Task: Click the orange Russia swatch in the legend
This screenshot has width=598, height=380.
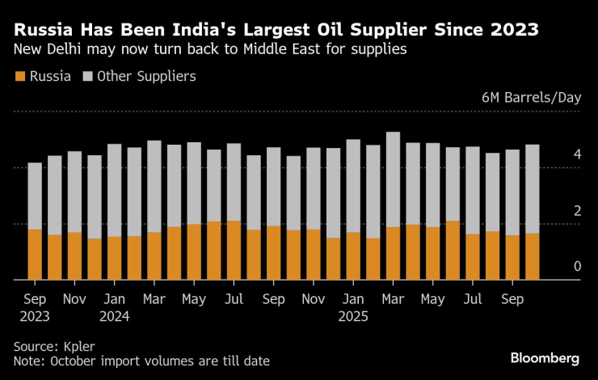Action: (20, 77)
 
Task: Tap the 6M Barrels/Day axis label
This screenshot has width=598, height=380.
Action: (531, 98)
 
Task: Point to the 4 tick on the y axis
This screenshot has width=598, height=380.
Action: (577, 154)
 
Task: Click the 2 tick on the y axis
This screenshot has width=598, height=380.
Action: (577, 211)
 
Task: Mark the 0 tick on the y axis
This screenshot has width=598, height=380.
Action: (577, 267)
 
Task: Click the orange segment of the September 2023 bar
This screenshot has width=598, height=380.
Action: (35, 255)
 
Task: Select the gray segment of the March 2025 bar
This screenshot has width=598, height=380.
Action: (393, 179)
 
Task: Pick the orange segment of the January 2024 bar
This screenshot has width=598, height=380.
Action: (114, 258)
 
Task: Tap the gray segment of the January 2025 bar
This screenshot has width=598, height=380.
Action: (353, 186)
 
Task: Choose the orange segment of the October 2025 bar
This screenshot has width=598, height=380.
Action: (533, 256)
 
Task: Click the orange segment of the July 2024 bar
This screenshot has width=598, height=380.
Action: (234, 251)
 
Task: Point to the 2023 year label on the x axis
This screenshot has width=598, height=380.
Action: (34, 316)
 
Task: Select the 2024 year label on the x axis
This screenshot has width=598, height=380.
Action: (114, 316)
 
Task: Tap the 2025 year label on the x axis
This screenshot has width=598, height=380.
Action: (353, 316)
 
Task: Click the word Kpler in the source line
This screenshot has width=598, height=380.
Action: (79, 345)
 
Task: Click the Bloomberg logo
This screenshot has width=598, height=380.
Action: (544, 357)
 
